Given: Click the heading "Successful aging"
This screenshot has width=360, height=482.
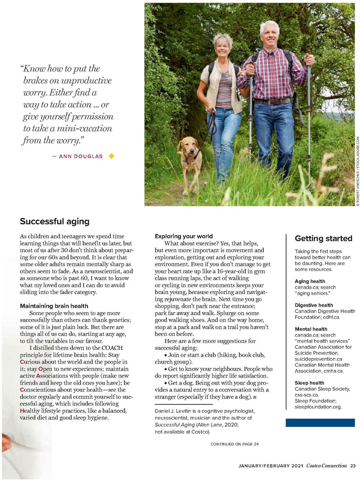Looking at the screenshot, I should (55, 222).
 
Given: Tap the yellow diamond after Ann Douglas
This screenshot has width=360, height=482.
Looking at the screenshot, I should (112, 156).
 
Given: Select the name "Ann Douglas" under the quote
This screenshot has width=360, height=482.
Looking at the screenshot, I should (81, 156).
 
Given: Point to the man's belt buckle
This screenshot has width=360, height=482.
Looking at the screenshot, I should (273, 102).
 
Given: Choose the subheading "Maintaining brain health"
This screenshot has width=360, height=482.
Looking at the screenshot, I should (54, 306).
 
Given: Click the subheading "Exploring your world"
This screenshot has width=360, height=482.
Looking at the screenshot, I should (184, 236).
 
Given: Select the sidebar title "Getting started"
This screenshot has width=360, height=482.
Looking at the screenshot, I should (323, 238).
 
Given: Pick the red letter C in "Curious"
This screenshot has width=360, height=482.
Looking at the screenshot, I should (22, 362).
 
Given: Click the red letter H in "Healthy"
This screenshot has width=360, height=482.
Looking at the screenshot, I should (22, 411).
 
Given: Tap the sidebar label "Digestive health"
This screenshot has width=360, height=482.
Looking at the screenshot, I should (314, 305).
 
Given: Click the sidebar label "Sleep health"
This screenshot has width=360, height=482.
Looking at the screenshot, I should (309, 383).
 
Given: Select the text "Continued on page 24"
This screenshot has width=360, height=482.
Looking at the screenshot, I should (234, 444).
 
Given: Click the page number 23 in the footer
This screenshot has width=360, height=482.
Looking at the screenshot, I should (353, 466).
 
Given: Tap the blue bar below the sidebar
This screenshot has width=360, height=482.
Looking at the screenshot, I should (320, 423).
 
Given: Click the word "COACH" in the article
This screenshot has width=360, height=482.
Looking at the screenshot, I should (112, 348).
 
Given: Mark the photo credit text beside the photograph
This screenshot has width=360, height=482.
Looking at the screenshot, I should (357, 171).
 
